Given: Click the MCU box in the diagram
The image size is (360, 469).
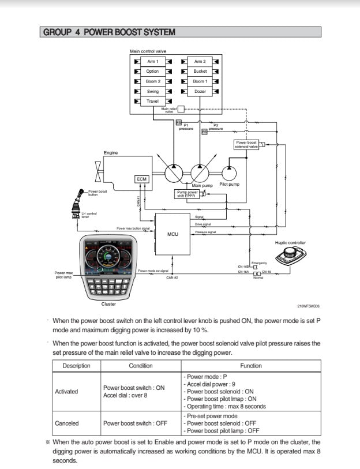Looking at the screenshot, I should tap(172, 234).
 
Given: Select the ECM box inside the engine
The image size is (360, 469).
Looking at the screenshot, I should tap(141, 179).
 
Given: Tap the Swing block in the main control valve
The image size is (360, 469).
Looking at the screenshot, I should tap(153, 92).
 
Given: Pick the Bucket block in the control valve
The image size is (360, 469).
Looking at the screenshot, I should tap(200, 72).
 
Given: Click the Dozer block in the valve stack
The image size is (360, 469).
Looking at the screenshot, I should tap(200, 92).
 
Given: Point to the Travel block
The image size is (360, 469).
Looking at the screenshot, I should tap(153, 102).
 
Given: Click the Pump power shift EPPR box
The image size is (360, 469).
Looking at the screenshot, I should tap(187, 194).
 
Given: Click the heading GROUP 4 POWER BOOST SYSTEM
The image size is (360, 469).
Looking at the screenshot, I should tap(109, 32).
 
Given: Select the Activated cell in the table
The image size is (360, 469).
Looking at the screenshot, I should tap(66, 392).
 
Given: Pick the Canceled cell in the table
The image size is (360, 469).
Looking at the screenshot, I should tap(66, 423).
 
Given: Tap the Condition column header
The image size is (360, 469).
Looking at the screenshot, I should tap(140, 366).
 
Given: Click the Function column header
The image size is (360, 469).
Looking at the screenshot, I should tap(250, 366).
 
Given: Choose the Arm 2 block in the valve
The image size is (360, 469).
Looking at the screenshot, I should tap(200, 61).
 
